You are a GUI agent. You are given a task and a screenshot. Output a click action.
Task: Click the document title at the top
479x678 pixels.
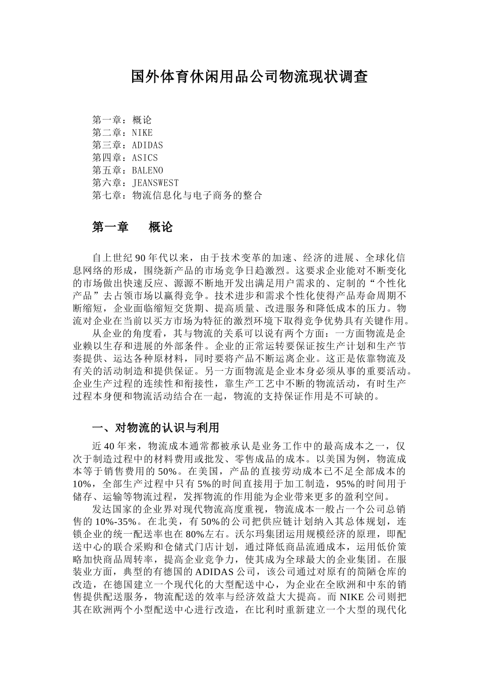pyautogui.click(x=249, y=77)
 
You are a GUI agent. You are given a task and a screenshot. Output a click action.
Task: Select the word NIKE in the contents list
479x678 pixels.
pyautogui.click(x=142, y=133)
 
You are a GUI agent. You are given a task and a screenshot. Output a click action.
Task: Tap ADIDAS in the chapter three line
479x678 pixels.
pyautogui.click(x=147, y=145)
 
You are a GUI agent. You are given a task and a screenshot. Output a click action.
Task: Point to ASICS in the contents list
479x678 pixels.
pyautogui.click(x=145, y=158)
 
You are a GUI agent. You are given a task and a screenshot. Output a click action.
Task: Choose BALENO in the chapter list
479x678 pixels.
pyautogui.click(x=147, y=171)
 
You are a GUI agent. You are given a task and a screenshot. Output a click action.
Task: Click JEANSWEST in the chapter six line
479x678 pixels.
pyautogui.click(x=155, y=183)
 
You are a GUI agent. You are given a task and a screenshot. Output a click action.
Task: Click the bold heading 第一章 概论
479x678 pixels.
pyautogui.click(x=132, y=228)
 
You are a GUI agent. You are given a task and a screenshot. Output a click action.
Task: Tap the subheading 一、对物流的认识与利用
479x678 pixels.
pyautogui.click(x=155, y=428)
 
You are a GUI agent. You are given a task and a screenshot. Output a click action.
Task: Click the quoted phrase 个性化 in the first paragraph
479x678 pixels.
pyautogui.click(x=389, y=283)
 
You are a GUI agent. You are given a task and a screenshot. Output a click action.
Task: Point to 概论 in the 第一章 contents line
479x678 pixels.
pyautogui.click(x=142, y=120)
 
